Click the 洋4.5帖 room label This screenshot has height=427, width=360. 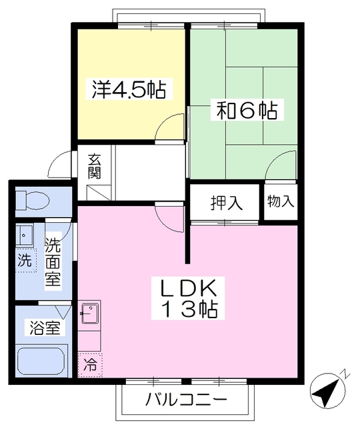128,89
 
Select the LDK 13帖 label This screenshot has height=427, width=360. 187,298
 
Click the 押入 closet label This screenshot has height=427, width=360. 225,201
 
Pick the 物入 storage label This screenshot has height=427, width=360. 281,201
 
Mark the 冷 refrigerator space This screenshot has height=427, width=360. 89,365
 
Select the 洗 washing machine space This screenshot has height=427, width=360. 25,260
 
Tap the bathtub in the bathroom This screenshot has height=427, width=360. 41,362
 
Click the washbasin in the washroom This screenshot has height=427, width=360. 25,235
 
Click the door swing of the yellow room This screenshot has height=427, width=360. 170,127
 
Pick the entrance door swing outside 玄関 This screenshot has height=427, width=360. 61,165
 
